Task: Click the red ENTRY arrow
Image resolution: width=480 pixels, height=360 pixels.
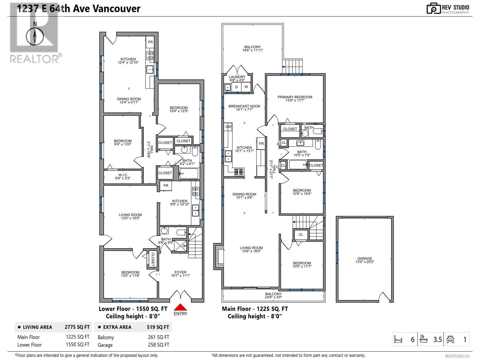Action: pos(180,307)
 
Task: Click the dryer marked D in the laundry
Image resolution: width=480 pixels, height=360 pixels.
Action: pos(236,87)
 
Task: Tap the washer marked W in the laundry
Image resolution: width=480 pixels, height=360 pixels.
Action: pos(246,87)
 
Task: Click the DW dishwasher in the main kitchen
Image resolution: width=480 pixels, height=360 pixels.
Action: pos(228,127)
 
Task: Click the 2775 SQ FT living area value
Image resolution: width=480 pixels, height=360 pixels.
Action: pos(77,327)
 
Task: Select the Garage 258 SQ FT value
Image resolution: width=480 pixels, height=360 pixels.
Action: pos(158,345)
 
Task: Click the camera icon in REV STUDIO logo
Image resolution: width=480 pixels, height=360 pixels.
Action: pos(433,8)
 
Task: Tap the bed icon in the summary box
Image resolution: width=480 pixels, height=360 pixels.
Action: pos(398,339)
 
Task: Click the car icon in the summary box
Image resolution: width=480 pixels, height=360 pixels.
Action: pos(450,340)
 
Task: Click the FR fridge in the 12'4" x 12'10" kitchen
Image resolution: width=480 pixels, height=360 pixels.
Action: pos(150,42)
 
